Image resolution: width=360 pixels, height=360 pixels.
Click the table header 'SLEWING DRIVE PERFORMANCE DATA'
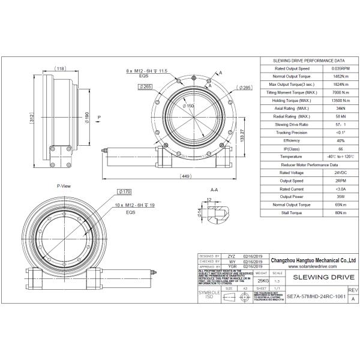click(x=309, y=61)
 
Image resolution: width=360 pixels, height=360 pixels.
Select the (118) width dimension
click(x=60, y=69)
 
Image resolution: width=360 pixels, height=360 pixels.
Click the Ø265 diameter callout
click(x=145, y=86)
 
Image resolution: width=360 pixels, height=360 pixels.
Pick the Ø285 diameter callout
click(x=244, y=88)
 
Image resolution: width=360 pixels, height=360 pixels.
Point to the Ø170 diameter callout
click(x=125, y=191)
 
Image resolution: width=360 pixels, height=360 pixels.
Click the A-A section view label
click(x=214, y=189)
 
